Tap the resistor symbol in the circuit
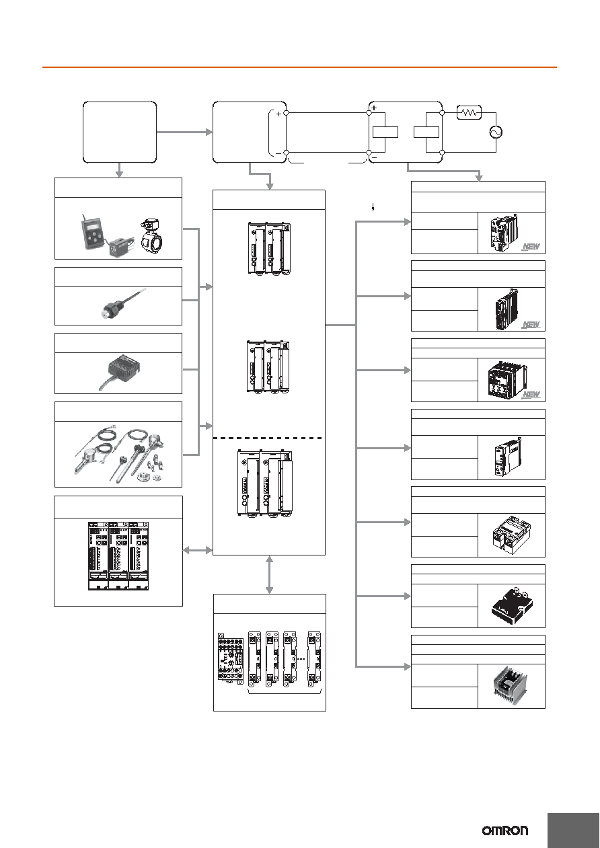tap(469, 112)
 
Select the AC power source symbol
tap(496, 132)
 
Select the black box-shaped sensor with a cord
tap(120, 371)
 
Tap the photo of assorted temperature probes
tap(119, 454)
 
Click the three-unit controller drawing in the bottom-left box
tap(118, 555)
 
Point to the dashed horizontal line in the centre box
tap(268, 438)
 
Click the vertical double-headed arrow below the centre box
tap(269, 574)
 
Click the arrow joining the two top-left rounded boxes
tap(184, 132)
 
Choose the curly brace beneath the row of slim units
tap(285, 691)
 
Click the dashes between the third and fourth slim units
tap(301, 659)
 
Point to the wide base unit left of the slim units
tap(231, 659)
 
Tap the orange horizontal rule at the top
tap(299, 67)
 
